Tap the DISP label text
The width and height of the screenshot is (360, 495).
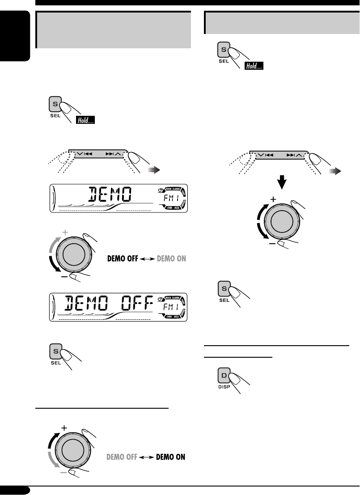(224, 387)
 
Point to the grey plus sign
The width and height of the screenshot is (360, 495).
(65, 233)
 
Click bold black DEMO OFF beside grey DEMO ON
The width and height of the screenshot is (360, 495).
(123, 258)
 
